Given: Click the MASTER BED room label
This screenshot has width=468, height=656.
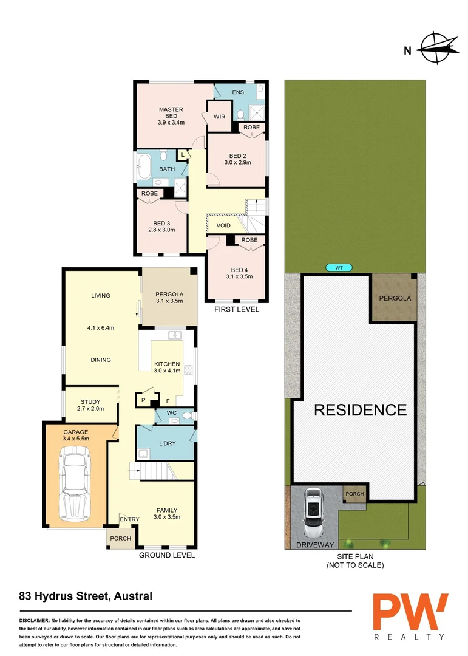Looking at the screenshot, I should [171, 112].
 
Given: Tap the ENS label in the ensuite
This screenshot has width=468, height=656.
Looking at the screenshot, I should [237, 92].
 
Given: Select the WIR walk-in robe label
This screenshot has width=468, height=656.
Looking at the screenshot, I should [219, 117].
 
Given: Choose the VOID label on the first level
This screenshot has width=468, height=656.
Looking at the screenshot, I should [223, 225].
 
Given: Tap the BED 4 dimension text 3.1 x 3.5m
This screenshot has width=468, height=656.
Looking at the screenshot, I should [239, 277].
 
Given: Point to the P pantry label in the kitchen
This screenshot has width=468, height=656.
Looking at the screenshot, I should [143, 401].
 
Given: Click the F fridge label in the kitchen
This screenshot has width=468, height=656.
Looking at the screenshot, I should [168, 401].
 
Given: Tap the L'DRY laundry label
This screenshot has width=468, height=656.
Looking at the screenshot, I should [166, 443].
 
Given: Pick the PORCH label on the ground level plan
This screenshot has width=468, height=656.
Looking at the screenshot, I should [120, 539].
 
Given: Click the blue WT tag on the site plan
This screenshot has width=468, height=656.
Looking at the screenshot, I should [339, 267].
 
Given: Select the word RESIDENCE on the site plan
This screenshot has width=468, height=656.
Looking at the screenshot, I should [360, 410].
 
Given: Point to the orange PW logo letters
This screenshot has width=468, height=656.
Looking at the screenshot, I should [410, 612].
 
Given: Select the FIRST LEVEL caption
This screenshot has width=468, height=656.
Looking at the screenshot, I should [237, 310].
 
